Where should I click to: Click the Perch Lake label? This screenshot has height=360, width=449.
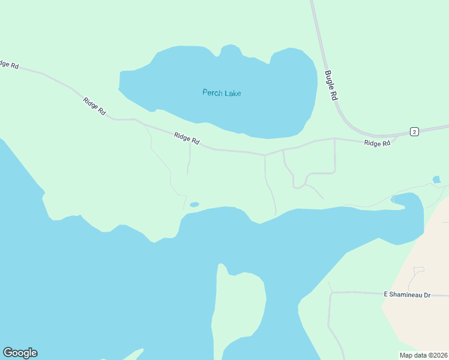[x=221, y=93]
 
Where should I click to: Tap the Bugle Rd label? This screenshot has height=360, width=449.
[x=331, y=86]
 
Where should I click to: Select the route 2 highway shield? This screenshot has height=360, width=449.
[x=414, y=132]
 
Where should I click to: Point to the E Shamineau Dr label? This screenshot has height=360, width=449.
[x=408, y=295]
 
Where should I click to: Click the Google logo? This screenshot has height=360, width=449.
[x=20, y=353]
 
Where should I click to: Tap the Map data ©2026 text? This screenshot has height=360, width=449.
[x=423, y=355]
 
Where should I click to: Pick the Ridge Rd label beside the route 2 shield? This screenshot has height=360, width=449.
[x=377, y=143]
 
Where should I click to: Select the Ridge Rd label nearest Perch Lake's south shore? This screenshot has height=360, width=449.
[x=187, y=139]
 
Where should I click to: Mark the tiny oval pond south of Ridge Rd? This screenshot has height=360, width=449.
[x=194, y=205]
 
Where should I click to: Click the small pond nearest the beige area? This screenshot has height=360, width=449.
[x=436, y=179]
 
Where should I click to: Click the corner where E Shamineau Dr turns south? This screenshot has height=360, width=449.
[x=331, y=293]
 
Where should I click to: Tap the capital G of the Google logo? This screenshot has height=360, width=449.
[x=8, y=353]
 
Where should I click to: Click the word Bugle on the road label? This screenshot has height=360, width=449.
[x=329, y=79]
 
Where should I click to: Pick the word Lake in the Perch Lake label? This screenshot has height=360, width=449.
[x=232, y=93]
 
